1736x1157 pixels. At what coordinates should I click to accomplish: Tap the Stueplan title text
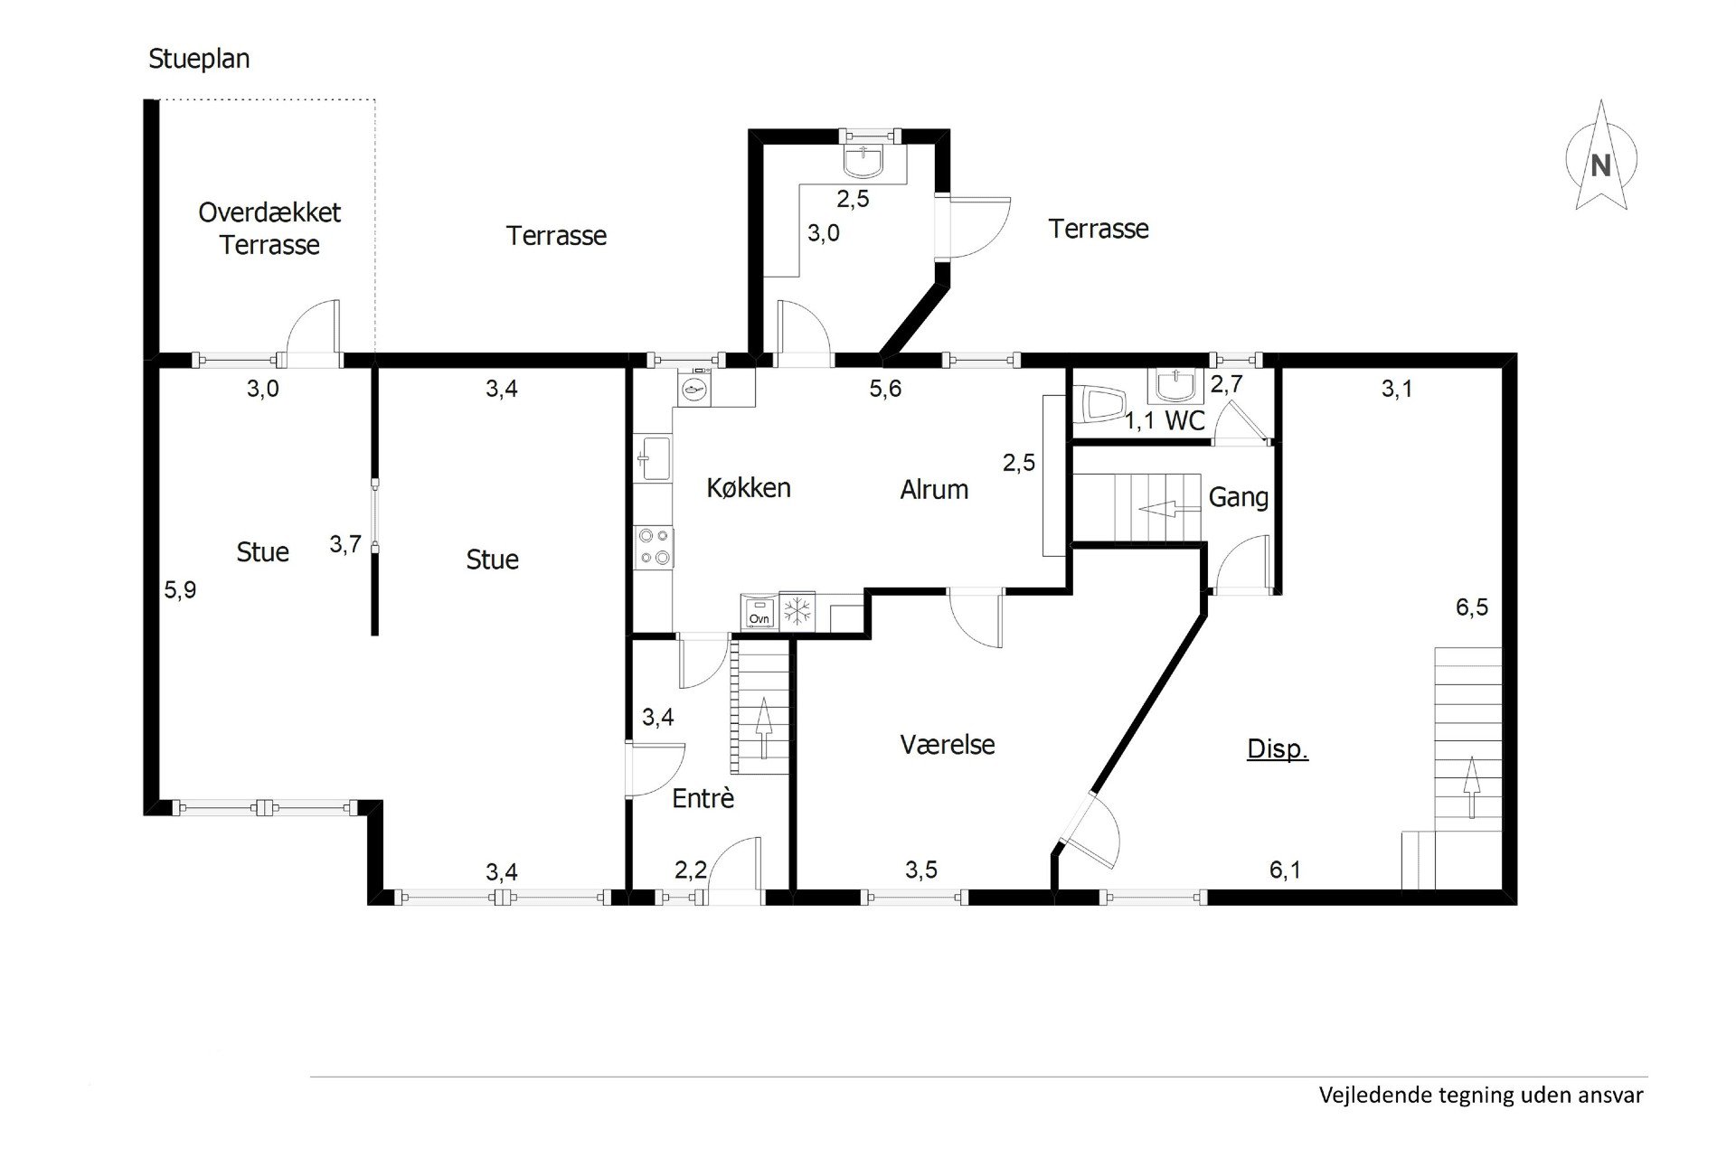pyautogui.click(x=199, y=59)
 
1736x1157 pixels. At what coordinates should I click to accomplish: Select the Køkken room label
pyautogui.click(x=749, y=488)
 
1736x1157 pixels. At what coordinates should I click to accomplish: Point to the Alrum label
pyautogui.click(x=934, y=490)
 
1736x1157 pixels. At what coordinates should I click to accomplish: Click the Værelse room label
pyautogui.click(x=948, y=745)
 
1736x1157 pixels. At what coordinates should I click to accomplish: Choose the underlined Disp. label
pyautogui.click(x=1278, y=749)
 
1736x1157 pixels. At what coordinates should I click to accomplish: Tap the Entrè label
pyautogui.click(x=703, y=798)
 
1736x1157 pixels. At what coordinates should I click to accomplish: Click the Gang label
pyautogui.click(x=1239, y=497)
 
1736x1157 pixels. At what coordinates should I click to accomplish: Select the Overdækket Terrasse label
pyautogui.click(x=269, y=229)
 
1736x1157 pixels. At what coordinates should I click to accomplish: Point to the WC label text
pyautogui.click(x=1184, y=420)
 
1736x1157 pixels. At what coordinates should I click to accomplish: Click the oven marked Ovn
pyautogui.click(x=759, y=612)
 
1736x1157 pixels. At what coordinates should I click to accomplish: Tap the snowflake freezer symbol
pyautogui.click(x=797, y=612)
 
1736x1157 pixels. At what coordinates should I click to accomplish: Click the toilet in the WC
pyautogui.click(x=1102, y=404)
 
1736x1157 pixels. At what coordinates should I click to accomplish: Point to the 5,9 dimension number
pyautogui.click(x=180, y=590)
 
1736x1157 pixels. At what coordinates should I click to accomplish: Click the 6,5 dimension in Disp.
pyautogui.click(x=1471, y=607)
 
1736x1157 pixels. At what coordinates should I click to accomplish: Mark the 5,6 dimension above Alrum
pyautogui.click(x=885, y=389)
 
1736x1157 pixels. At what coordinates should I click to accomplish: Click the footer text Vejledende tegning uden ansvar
pyautogui.click(x=1481, y=1096)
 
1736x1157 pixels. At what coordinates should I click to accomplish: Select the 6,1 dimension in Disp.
pyautogui.click(x=1285, y=870)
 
